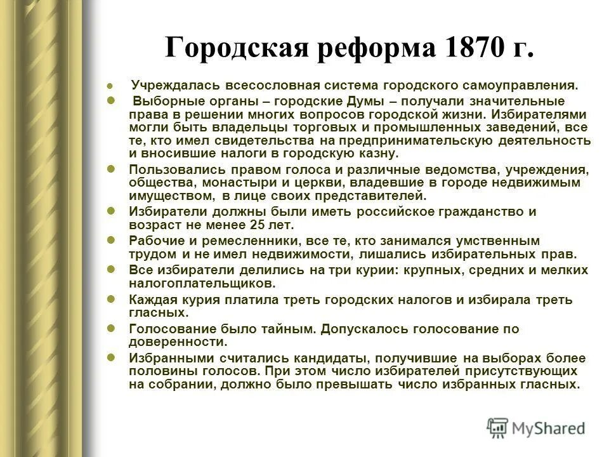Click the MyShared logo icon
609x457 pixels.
pos(498,428)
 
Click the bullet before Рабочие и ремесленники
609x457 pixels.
pos(111,241)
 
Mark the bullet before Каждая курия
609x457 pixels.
pos(111,300)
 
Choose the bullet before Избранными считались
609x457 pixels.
pos(111,358)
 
